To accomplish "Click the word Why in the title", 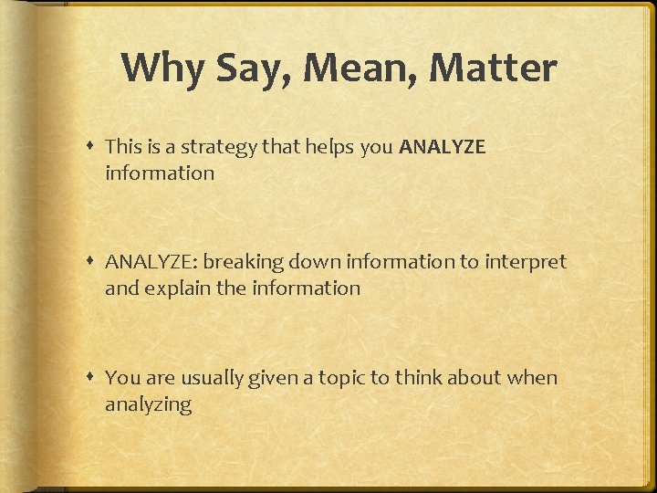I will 158,68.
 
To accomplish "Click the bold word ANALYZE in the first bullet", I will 443,146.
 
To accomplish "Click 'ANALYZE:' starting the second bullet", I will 151,262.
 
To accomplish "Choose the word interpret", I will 525,262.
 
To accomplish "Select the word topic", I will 342,378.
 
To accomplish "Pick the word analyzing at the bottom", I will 148,404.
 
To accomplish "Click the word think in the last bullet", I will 420,378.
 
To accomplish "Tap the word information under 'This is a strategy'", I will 160,173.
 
